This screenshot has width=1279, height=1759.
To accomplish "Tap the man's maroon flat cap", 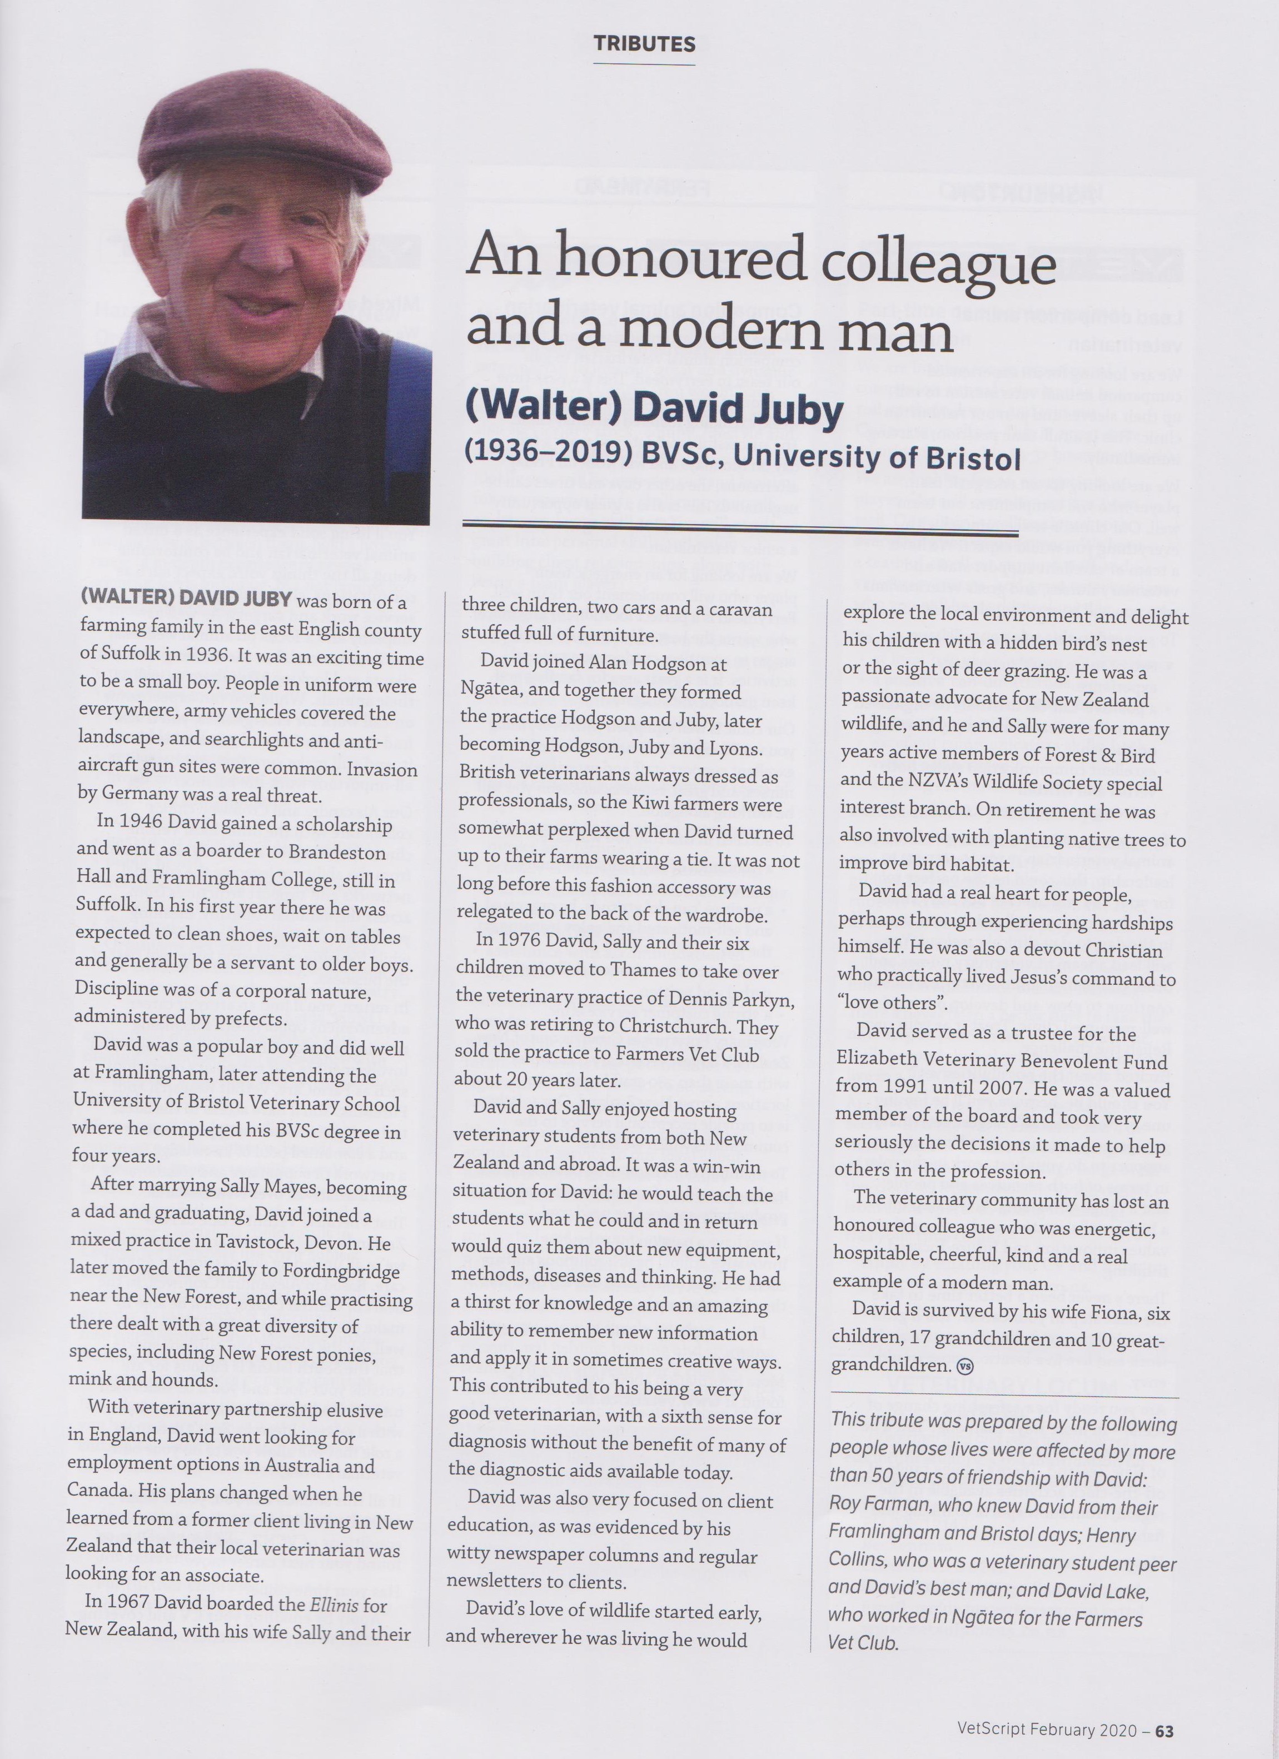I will [x=263, y=139].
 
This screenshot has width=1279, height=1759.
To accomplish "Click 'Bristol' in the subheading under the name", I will [x=973, y=459].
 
